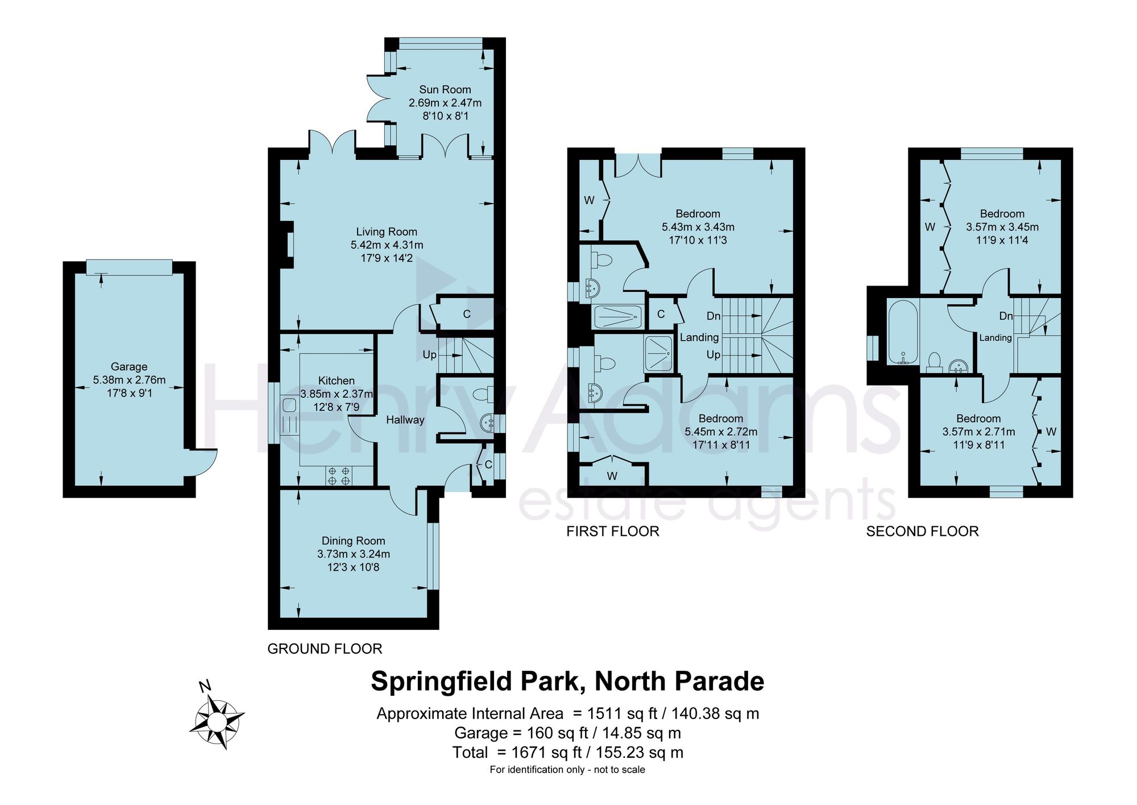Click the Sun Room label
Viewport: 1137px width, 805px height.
tap(445, 89)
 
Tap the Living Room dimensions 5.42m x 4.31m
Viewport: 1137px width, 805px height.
tap(387, 245)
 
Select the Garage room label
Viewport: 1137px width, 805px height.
tap(129, 367)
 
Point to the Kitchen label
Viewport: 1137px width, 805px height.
tap(337, 381)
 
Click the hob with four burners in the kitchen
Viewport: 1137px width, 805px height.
tap(339, 476)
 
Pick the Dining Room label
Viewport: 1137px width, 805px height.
tap(353, 540)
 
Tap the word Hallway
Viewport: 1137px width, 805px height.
tap(405, 420)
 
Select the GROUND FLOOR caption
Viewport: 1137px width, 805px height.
tap(325, 649)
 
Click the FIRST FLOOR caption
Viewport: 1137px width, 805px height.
tap(613, 531)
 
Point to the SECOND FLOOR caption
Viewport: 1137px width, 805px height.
tap(922, 531)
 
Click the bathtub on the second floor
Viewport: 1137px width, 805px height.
tap(903, 332)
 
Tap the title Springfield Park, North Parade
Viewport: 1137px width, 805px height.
tap(567, 681)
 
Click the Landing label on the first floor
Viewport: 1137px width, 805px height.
tap(699, 337)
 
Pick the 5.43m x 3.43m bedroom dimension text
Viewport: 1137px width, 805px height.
tap(698, 227)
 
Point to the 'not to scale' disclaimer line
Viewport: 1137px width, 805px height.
tap(567, 770)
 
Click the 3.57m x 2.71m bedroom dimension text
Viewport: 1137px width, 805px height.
tap(978, 432)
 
